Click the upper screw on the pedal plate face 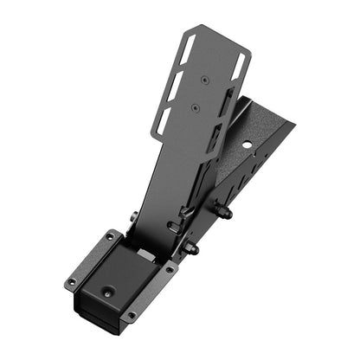coord(205,79)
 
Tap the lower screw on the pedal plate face coord(196,108)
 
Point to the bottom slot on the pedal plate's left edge coord(163,119)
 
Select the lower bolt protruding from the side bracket coord(190,249)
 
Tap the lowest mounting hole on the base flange coord(130,315)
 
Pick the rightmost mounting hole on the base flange coord(170,269)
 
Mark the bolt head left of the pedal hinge coord(134,217)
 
